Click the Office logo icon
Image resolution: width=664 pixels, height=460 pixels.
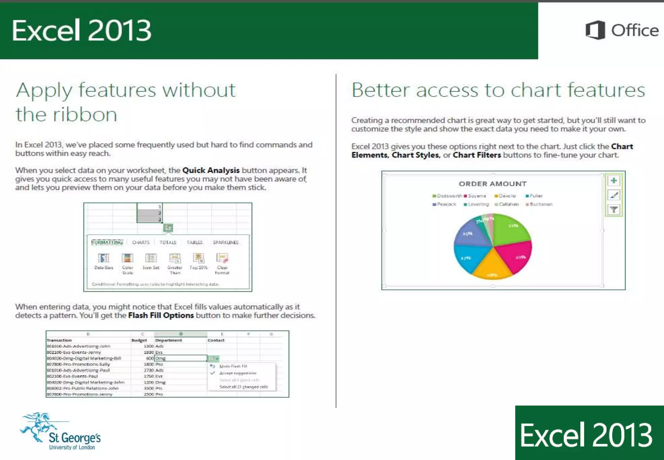[595, 30]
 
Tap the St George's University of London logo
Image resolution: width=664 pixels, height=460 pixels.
[60, 432]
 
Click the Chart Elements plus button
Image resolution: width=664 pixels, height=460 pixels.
[613, 181]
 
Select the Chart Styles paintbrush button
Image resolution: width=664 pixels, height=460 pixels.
[613, 195]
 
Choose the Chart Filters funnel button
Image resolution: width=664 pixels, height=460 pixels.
[613, 210]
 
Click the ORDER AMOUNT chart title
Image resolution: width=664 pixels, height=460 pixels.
[492, 184]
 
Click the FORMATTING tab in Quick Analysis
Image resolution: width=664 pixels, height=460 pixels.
[107, 242]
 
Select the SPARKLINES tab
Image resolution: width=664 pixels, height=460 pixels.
[225, 242]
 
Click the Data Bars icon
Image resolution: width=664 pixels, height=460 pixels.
[103, 259]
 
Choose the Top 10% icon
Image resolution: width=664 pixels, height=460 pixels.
[198, 259]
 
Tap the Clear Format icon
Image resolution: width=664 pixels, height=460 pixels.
[222, 259]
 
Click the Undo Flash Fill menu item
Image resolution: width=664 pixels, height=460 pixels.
[233, 366]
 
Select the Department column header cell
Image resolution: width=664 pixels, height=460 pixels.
[169, 340]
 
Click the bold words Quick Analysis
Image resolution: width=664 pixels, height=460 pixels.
[211, 170]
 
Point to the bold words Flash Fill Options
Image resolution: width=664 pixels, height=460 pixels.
[161, 315]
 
